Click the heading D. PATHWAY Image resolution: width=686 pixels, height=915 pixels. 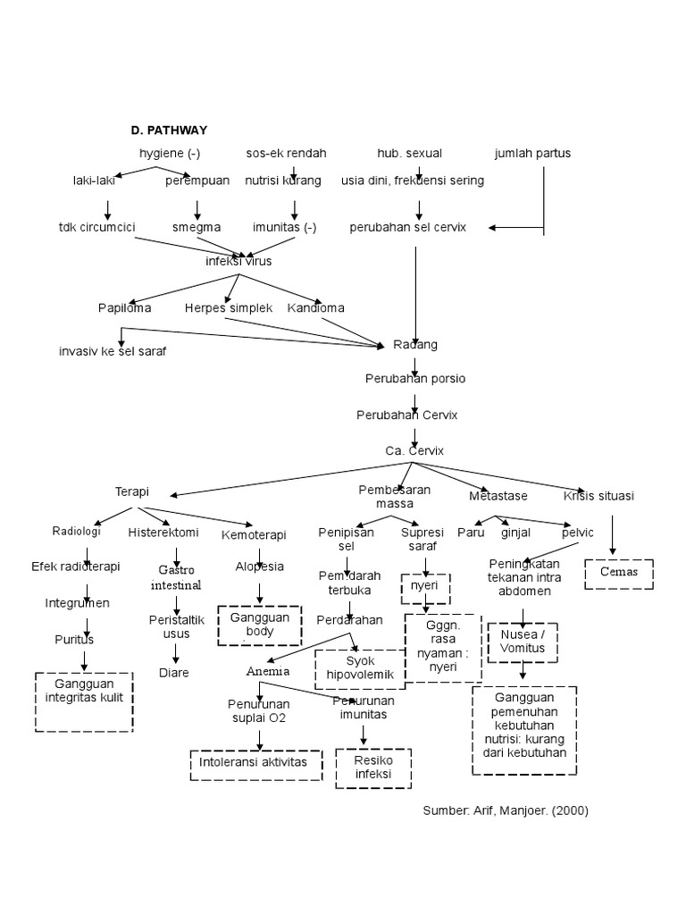coord(169,130)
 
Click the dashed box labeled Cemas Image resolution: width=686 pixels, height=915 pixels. coord(618,573)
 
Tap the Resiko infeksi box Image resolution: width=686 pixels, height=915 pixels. coord(373,768)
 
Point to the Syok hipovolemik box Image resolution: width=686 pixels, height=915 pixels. coord(360,668)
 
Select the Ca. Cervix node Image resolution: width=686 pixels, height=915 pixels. coord(414,450)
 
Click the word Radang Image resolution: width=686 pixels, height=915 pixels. coord(415,344)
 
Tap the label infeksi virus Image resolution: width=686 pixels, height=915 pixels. coord(238,262)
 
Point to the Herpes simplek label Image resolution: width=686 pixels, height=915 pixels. coord(229,307)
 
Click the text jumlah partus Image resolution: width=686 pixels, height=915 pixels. coord(532,153)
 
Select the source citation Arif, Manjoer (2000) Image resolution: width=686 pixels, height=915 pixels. coord(506,810)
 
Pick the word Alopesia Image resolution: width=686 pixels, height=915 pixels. coord(259,567)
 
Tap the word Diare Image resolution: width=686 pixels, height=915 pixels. coord(174,672)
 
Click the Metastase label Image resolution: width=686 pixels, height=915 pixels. coord(498,495)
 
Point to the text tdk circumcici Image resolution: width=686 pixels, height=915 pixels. coord(96,227)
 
